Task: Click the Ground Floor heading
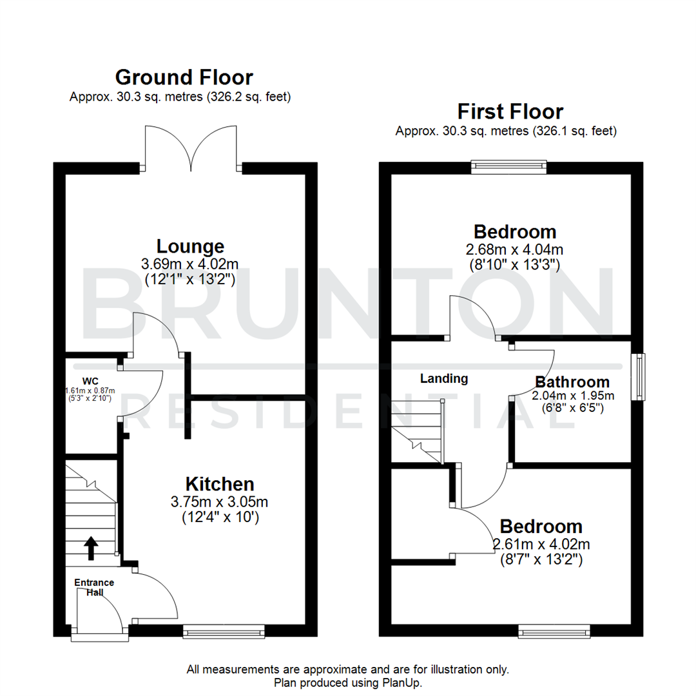tap(184, 77)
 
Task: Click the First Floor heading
tap(510, 111)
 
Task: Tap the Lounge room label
tap(190, 246)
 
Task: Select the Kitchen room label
tap(220, 483)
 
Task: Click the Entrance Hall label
tap(93, 587)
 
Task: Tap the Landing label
tap(443, 379)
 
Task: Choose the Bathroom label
tap(572, 382)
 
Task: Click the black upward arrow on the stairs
tap(90, 548)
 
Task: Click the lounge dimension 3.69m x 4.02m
tap(190, 263)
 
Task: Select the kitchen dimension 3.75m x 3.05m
tap(220, 501)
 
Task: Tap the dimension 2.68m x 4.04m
tap(515, 249)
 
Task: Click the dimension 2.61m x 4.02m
tap(541, 544)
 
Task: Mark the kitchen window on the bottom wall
tap(224, 631)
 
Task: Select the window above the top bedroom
tap(508, 168)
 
